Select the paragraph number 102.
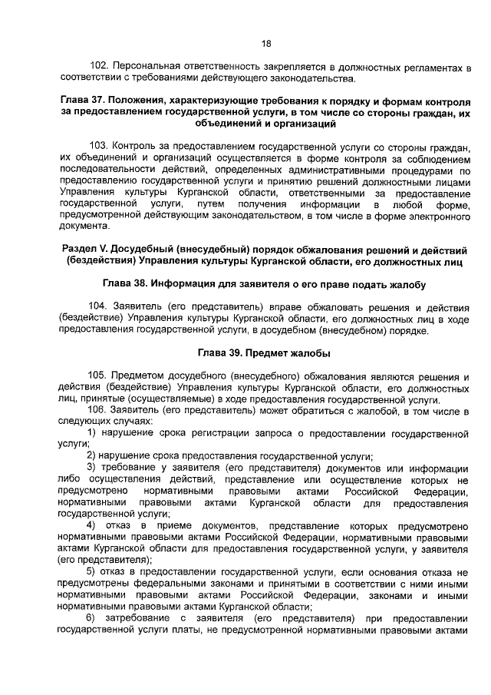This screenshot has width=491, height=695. click(x=99, y=68)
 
